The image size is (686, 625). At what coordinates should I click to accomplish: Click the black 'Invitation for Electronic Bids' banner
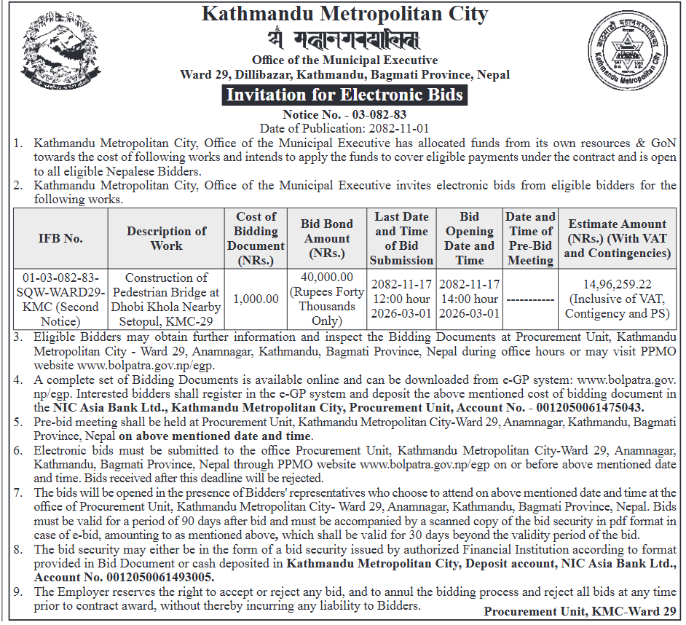tap(344, 95)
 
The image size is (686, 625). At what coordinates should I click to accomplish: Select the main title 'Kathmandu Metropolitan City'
tap(344, 13)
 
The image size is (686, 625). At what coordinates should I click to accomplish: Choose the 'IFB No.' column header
tap(60, 238)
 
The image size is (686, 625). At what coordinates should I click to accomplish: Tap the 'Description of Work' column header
tap(166, 238)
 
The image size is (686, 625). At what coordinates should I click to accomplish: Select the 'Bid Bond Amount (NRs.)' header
tap(327, 238)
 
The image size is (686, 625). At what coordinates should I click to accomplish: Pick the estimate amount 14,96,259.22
tap(617, 285)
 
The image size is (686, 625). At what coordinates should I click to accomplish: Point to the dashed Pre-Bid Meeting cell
tap(529, 299)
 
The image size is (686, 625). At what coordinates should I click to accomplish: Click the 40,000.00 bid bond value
tap(327, 278)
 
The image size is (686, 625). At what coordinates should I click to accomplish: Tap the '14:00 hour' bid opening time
tap(470, 299)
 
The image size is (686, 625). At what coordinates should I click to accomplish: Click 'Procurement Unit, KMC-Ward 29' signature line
tap(580, 611)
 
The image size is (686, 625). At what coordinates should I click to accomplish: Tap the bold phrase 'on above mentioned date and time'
tap(215, 436)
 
